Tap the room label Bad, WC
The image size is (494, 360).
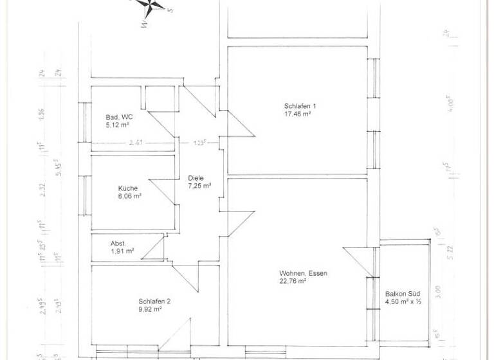[119, 117]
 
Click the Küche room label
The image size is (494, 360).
[127, 188]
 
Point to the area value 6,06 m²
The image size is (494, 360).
[129, 197]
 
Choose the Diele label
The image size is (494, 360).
[196, 178]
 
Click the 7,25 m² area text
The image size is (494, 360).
[199, 186]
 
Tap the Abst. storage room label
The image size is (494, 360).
[118, 244]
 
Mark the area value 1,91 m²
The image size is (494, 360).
[122, 251]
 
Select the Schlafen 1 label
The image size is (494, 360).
[300, 106]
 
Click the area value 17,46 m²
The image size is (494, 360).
[298, 114]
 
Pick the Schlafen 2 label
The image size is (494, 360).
[154, 301]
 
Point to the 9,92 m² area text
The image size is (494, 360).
[149, 309]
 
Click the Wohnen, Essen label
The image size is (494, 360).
[303, 273]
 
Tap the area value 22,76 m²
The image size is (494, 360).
[293, 281]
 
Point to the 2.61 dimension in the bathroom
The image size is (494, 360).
[136, 143]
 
